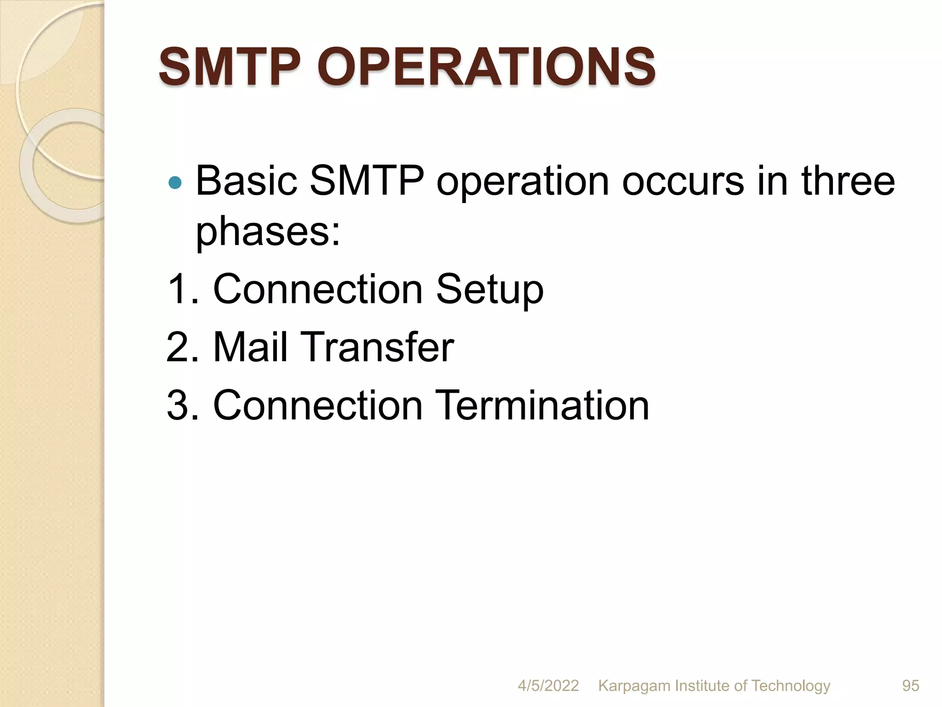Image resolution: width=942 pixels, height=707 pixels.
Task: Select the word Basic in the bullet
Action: [x=246, y=180]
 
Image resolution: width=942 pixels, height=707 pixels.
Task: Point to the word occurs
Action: [x=683, y=180]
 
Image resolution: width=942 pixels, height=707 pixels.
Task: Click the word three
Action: [x=848, y=180]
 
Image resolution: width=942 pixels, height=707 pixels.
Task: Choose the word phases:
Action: [x=268, y=232]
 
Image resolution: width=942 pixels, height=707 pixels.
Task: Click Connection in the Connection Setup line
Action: [x=318, y=289]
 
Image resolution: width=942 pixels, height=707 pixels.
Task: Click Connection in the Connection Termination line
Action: [x=318, y=405]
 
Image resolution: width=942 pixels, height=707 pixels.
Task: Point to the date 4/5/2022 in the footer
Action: [x=548, y=685]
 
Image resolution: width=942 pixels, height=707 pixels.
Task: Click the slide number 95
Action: [x=910, y=685]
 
